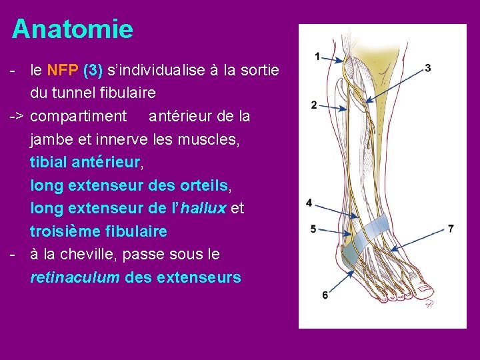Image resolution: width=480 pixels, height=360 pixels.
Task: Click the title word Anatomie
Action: click(73, 29)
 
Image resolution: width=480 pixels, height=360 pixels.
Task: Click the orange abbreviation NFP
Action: click(63, 70)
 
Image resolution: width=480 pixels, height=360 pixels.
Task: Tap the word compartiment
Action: click(79, 116)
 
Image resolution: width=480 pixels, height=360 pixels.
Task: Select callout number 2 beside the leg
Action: click(313, 105)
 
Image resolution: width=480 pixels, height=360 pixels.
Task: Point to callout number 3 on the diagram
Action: click(427, 67)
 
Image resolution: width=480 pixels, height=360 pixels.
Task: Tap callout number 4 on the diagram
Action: click(309, 203)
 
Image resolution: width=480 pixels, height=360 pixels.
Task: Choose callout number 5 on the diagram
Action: click(313, 229)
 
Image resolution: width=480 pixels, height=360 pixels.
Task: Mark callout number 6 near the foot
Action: click(325, 294)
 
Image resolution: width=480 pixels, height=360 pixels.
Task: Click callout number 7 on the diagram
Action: click(451, 229)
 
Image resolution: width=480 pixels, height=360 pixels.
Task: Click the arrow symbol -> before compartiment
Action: click(17, 116)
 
